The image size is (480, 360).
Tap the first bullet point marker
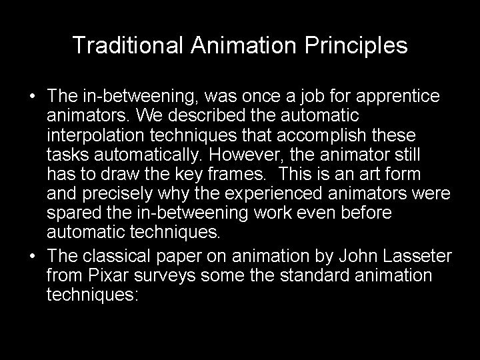pos(33,97)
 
